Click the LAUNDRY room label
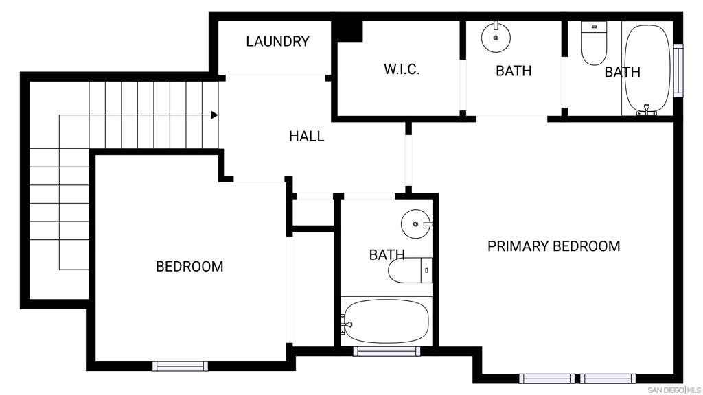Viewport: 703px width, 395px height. (277, 42)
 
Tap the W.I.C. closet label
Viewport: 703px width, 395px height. (402, 69)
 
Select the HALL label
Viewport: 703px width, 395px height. (306, 136)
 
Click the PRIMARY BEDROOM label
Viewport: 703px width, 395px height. (554, 246)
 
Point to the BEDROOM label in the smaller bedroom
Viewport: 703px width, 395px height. (189, 267)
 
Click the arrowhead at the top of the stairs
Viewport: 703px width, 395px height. (215, 115)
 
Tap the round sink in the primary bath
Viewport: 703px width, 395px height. (496, 37)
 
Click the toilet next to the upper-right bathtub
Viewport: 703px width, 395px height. (594, 43)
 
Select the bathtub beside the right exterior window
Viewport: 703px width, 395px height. (648, 69)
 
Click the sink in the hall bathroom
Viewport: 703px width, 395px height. (417, 224)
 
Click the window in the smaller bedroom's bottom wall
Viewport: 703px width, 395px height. (181, 366)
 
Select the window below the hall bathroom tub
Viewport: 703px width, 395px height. (387, 351)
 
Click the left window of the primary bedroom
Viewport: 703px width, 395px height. (547, 379)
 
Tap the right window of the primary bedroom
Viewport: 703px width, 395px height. (608, 379)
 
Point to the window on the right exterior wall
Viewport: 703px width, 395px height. (678, 71)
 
